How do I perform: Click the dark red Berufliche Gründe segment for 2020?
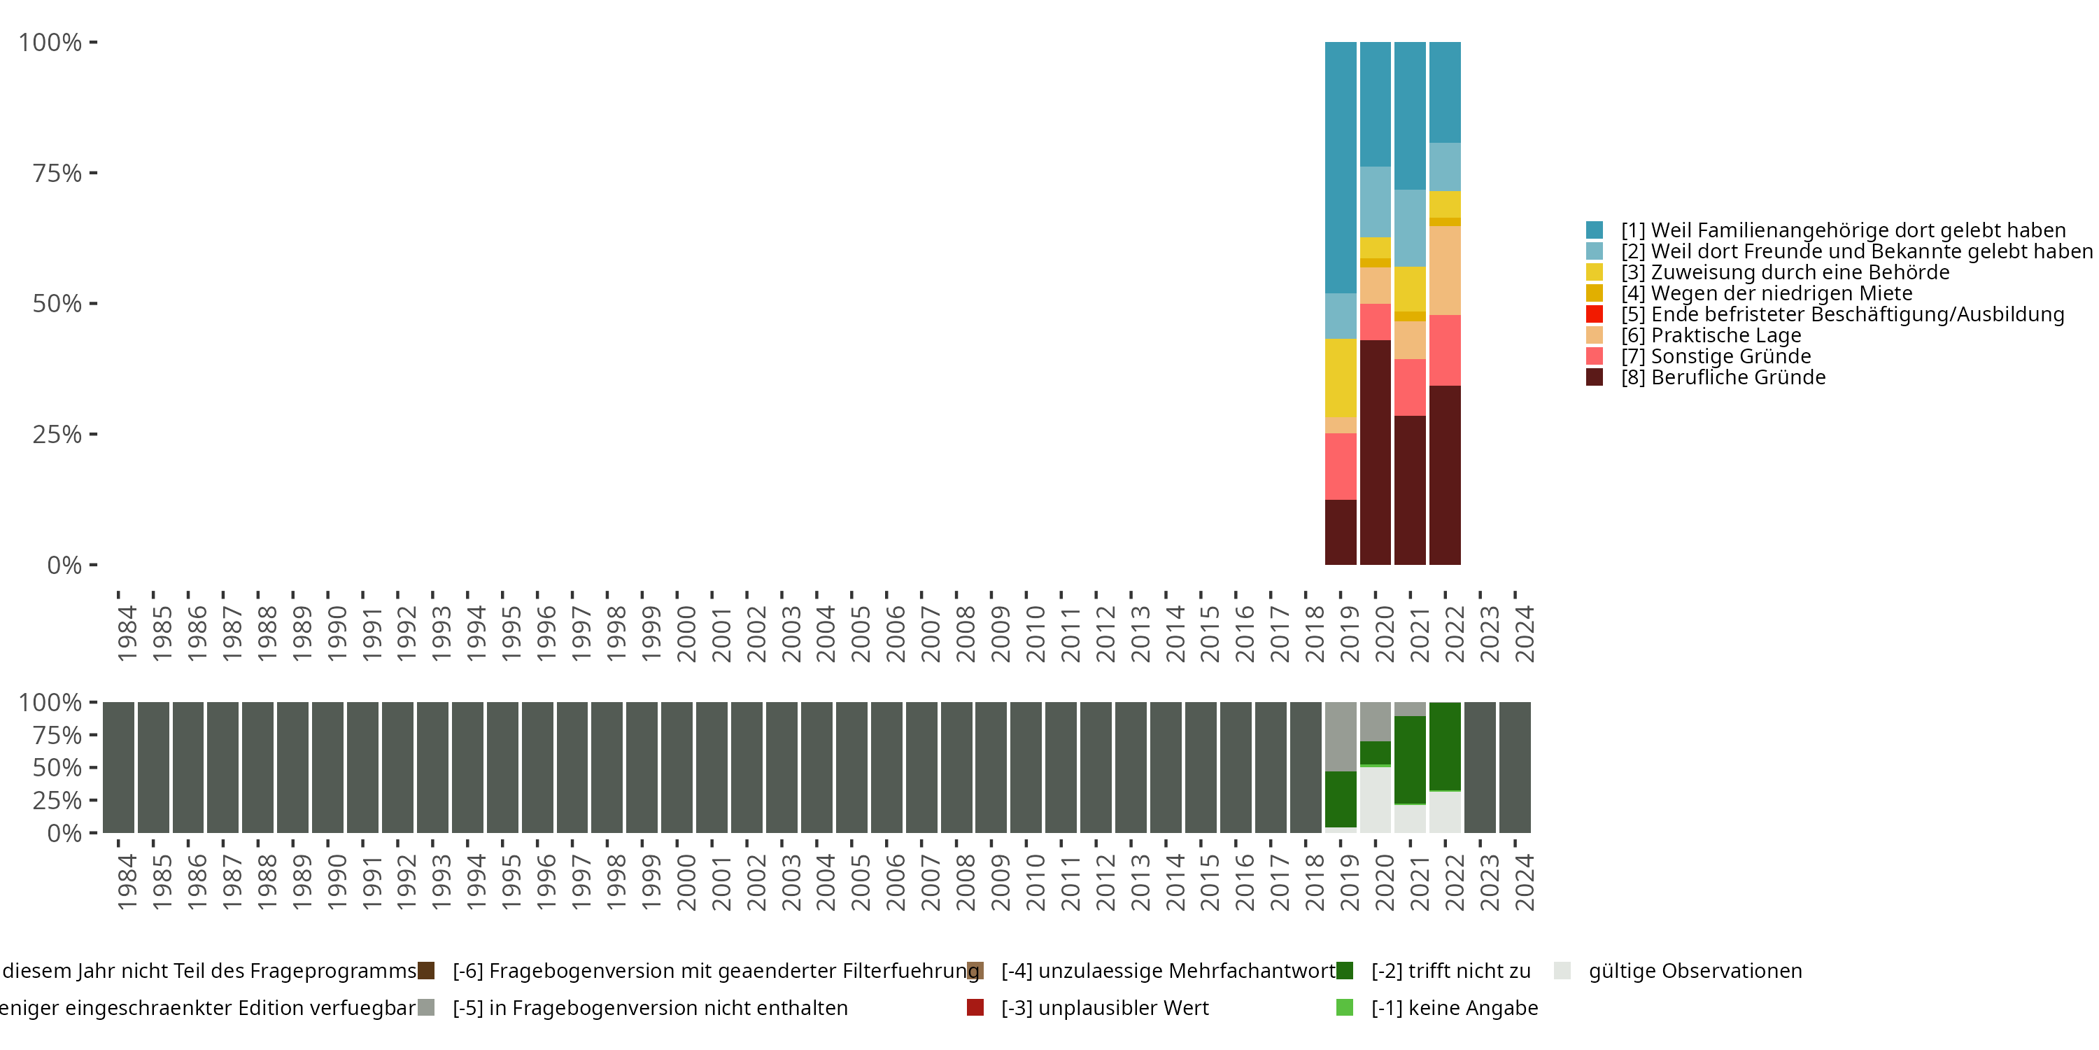point(1376,452)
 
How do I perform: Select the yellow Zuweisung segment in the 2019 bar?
point(1341,377)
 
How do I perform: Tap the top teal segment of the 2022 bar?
point(1445,92)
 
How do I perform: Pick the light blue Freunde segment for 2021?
point(1410,228)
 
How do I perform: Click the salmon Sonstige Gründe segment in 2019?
point(1341,466)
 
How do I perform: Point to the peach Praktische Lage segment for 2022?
point(1445,271)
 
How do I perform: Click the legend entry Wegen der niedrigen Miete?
point(1767,293)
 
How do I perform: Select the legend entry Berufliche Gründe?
point(1723,377)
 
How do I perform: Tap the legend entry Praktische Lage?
point(1710,336)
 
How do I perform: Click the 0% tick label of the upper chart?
point(64,565)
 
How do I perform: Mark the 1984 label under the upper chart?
point(127,633)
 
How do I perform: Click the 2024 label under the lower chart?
point(1524,882)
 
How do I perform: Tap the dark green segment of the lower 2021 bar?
point(1410,759)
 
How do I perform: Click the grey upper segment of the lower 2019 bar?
point(1341,737)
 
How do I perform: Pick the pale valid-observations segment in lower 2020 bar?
point(1376,799)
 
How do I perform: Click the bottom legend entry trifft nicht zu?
point(1450,971)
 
